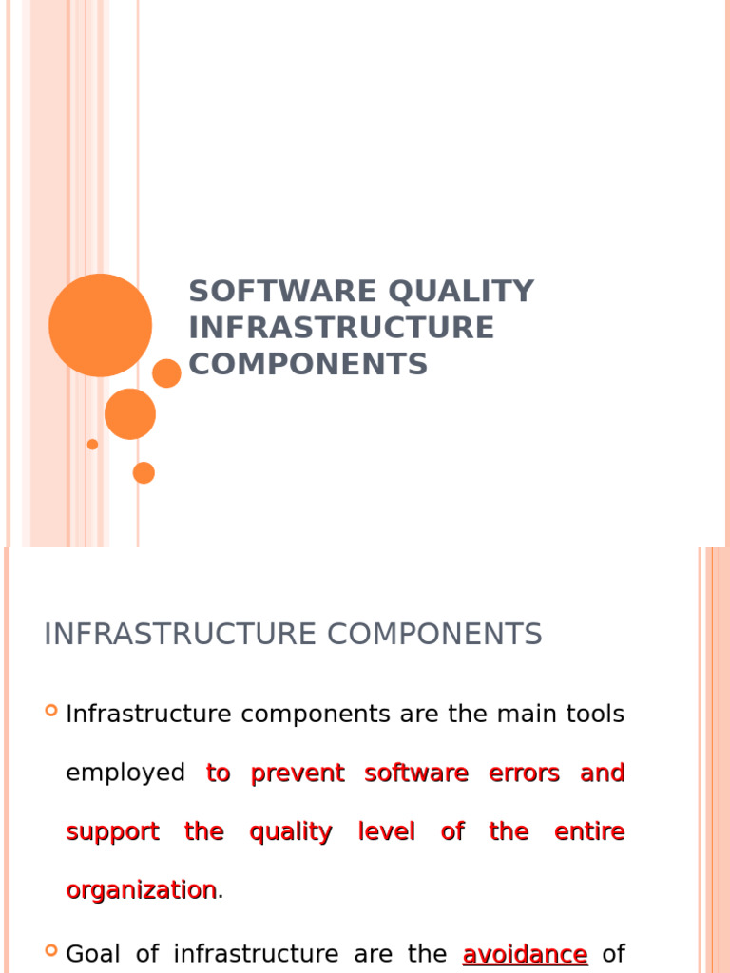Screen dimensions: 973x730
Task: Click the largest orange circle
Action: tap(100, 325)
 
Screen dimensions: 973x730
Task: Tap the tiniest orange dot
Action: tap(92, 444)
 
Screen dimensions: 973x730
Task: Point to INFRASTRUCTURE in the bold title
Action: tap(341, 327)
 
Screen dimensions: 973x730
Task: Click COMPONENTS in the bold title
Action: tap(308, 364)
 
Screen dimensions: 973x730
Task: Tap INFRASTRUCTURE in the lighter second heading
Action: tap(184, 634)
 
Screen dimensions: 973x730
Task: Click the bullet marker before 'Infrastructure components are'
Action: tap(51, 711)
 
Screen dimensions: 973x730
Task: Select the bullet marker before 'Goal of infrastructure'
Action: tap(51, 951)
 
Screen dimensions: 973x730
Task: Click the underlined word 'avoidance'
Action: tap(525, 954)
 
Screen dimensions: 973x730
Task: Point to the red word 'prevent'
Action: tap(297, 773)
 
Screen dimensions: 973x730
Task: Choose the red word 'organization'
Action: tap(141, 890)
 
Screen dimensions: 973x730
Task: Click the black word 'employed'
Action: tap(125, 773)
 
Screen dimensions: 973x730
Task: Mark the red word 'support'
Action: tap(112, 832)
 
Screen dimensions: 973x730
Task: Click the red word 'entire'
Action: tap(590, 832)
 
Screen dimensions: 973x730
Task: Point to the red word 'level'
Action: tap(386, 832)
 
